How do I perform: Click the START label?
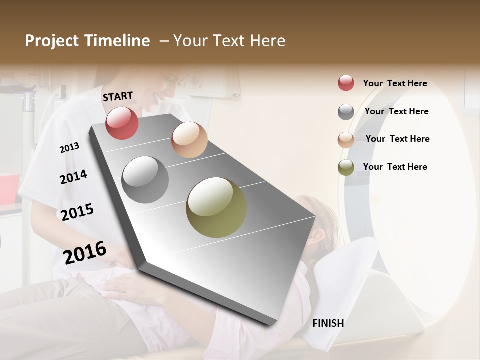pyautogui.click(x=118, y=96)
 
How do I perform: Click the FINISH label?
pyautogui.click(x=328, y=323)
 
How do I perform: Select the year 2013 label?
pyautogui.click(x=69, y=148)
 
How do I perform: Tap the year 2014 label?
pyautogui.click(x=73, y=177)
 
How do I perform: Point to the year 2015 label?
pyautogui.click(x=77, y=212)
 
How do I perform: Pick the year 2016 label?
pyautogui.click(x=85, y=252)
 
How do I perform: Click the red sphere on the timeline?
pyautogui.click(x=122, y=123)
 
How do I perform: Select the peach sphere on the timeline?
pyautogui.click(x=189, y=140)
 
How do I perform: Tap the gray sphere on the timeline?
pyautogui.click(x=145, y=180)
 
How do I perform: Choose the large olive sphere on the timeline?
pyautogui.click(x=216, y=207)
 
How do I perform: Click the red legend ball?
pyautogui.click(x=346, y=83)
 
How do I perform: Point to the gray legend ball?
pyautogui.click(x=346, y=112)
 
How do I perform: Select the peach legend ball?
pyautogui.click(x=346, y=140)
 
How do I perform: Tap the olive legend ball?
pyautogui.click(x=346, y=168)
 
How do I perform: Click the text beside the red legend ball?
pyautogui.click(x=395, y=83)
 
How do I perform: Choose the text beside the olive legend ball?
pyautogui.click(x=395, y=167)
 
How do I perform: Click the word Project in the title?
pyautogui.click(x=52, y=41)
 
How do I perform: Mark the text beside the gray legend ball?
pyautogui.click(x=396, y=111)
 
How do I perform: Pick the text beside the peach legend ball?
pyautogui.click(x=397, y=139)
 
